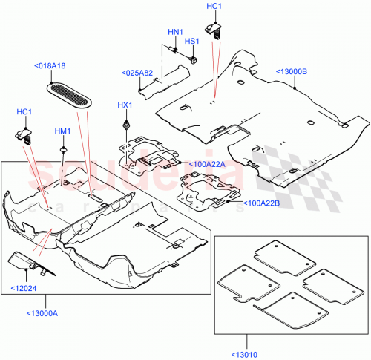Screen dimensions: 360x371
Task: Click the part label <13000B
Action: (x=292, y=71)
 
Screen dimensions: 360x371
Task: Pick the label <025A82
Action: (x=137, y=73)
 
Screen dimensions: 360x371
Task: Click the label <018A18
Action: (x=50, y=66)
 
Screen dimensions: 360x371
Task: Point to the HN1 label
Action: (x=175, y=32)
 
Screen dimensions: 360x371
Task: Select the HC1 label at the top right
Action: (x=213, y=7)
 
